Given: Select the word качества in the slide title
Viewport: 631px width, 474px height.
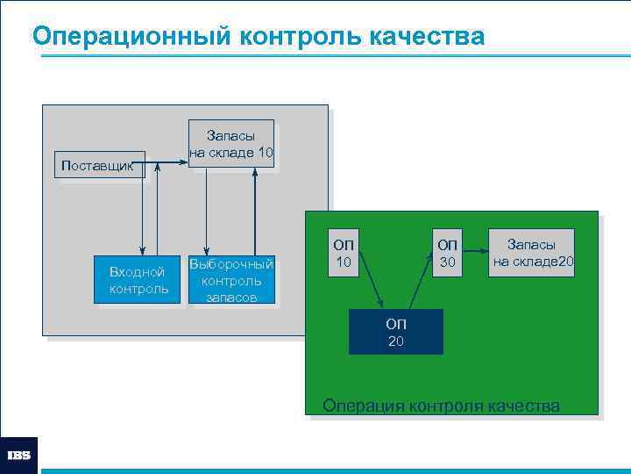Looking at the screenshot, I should pos(427,37).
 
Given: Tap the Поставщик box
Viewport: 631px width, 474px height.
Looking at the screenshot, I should pos(99,164).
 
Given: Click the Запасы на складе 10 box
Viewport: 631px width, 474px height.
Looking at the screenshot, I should pos(231,143).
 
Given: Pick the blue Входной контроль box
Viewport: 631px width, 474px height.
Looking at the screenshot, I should pos(138,280).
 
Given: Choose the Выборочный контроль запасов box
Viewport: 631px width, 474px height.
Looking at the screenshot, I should pos(231,280).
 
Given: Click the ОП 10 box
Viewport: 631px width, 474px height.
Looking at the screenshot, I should pos(344,253).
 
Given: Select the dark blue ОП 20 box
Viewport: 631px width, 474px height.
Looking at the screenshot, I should pos(396,332).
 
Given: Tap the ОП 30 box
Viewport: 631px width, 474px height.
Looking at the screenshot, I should pos(447,253).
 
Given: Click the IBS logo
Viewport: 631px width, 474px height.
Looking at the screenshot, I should pos(19,456).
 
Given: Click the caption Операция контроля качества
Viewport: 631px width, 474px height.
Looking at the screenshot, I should pos(441,406).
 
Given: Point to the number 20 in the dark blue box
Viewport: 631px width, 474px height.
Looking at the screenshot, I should pos(396,341).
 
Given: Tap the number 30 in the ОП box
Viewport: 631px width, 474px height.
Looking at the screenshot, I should pos(447,262).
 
